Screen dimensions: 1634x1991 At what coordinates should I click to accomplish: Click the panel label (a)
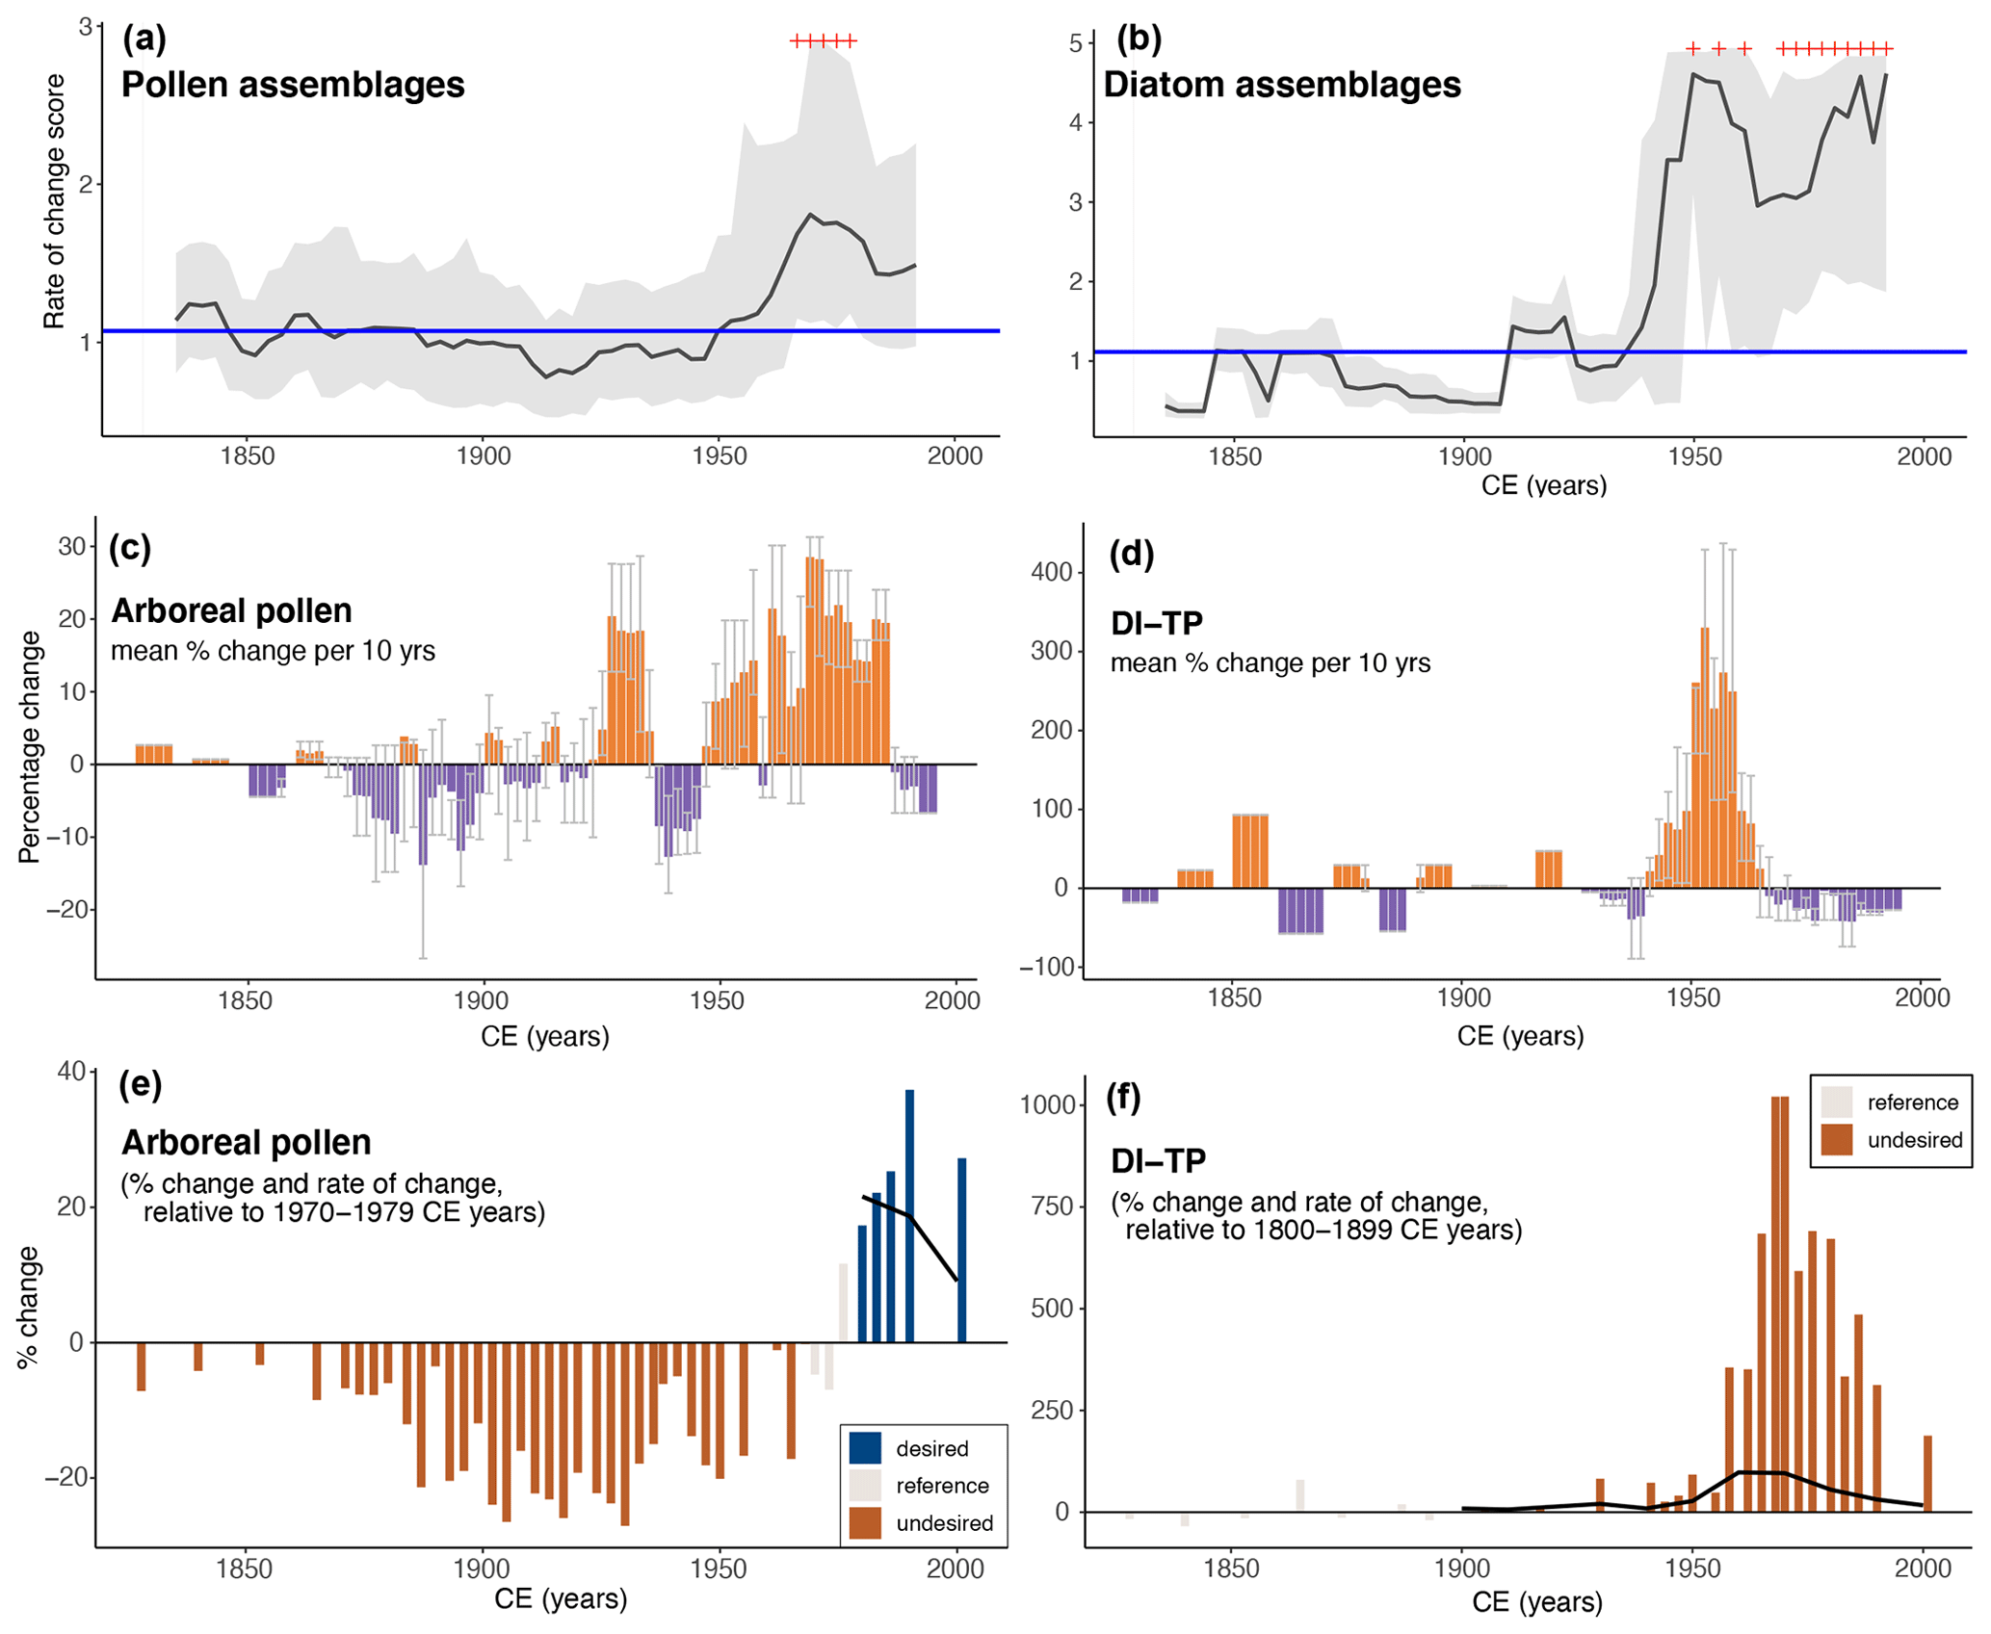(144, 39)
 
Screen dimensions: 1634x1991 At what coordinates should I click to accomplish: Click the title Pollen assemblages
(293, 85)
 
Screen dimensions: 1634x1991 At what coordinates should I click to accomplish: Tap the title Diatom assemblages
(1281, 85)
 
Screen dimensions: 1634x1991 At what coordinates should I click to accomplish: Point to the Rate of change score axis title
(55, 202)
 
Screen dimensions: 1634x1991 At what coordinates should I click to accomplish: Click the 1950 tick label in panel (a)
(719, 456)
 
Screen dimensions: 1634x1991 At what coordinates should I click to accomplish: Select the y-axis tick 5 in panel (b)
(1076, 43)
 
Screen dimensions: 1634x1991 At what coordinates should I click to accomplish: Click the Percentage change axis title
(30, 747)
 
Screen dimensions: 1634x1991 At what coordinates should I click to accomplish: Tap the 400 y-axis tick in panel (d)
(1051, 573)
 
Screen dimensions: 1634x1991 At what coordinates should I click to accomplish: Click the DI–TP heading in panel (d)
(1156, 624)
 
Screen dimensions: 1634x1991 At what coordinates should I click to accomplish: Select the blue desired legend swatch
(865, 1448)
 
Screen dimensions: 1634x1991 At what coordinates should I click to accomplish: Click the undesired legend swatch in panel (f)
(1836, 1140)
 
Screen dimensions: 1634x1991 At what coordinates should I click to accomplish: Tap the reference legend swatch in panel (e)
(865, 1486)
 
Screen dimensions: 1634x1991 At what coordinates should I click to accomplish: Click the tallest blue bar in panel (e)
(909, 1215)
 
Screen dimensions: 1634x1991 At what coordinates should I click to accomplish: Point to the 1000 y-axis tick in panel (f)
(1047, 1104)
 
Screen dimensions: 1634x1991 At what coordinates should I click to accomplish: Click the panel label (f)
(1123, 1097)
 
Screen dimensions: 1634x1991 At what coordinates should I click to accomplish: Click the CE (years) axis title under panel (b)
(1543, 485)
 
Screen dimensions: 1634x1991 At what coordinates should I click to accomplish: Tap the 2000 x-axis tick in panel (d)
(1922, 998)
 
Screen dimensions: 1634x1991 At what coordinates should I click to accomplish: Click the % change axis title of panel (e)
(28, 1307)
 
